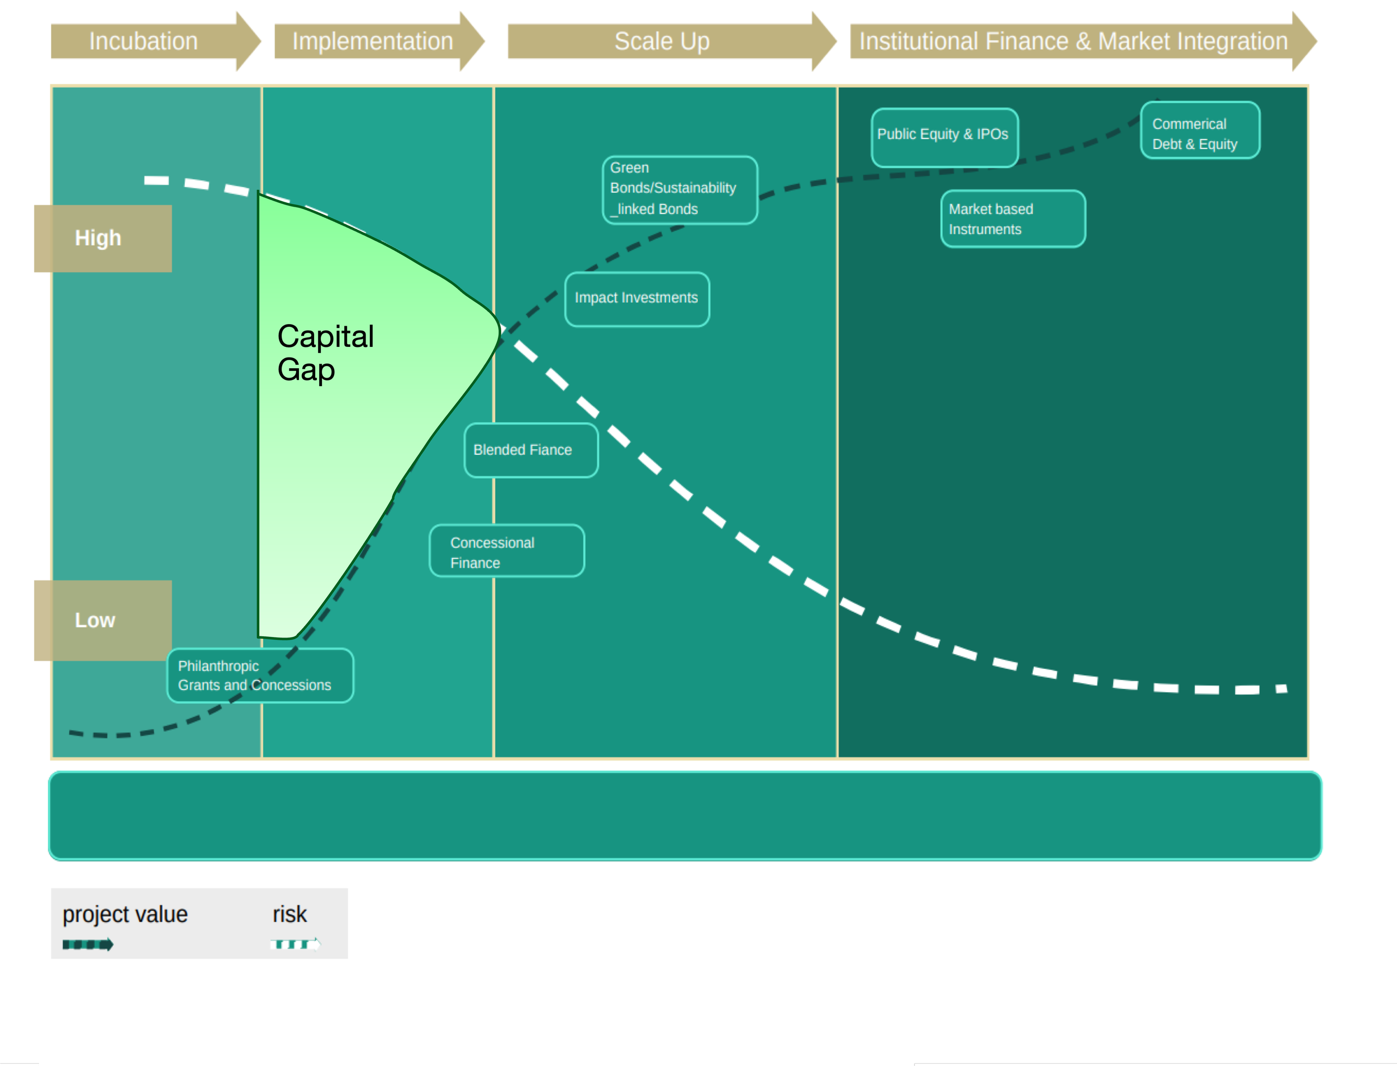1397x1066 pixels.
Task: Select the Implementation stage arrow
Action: [374, 41]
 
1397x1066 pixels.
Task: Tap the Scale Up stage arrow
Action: [663, 41]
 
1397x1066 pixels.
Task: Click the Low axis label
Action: [100, 620]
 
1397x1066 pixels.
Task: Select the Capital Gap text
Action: [325, 353]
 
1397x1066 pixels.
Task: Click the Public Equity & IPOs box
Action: [944, 137]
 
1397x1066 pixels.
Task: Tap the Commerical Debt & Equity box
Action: [1199, 131]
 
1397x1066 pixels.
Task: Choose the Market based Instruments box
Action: [1013, 219]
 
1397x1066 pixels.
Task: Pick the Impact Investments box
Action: [636, 299]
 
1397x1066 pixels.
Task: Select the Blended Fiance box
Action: [531, 450]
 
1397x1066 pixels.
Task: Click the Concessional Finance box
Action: [506, 551]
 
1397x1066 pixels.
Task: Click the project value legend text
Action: [125, 915]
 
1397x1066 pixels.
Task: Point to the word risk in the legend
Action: [289, 915]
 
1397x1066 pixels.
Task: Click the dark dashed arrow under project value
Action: [88, 945]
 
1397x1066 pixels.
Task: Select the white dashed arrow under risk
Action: [295, 944]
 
